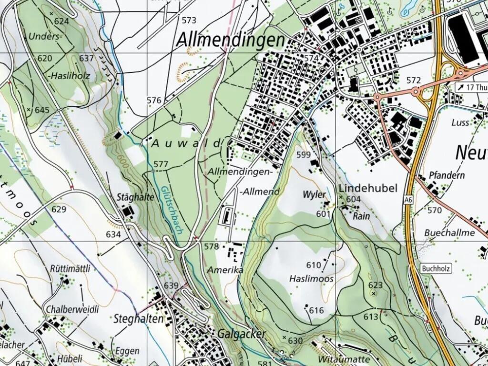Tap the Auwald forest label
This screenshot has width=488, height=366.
click(187, 143)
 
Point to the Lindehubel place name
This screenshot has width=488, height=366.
click(367, 188)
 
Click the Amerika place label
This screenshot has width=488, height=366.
click(225, 270)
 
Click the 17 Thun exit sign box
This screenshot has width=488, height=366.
click(471, 87)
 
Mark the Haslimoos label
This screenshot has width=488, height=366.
click(311, 278)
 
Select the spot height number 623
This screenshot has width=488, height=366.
click(376, 285)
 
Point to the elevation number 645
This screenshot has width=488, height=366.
click(42, 110)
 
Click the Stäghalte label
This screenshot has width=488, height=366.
click(135, 197)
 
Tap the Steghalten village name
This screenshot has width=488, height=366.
click(138, 319)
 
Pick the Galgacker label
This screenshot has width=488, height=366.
click(242, 334)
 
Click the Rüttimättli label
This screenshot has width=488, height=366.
click(70, 268)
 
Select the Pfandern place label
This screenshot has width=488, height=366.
click(447, 175)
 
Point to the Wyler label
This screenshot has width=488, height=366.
click(315, 194)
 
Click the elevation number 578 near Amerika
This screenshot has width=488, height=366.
click(211, 246)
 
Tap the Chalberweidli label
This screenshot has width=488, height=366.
click(72, 309)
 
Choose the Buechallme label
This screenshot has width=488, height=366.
click(449, 233)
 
